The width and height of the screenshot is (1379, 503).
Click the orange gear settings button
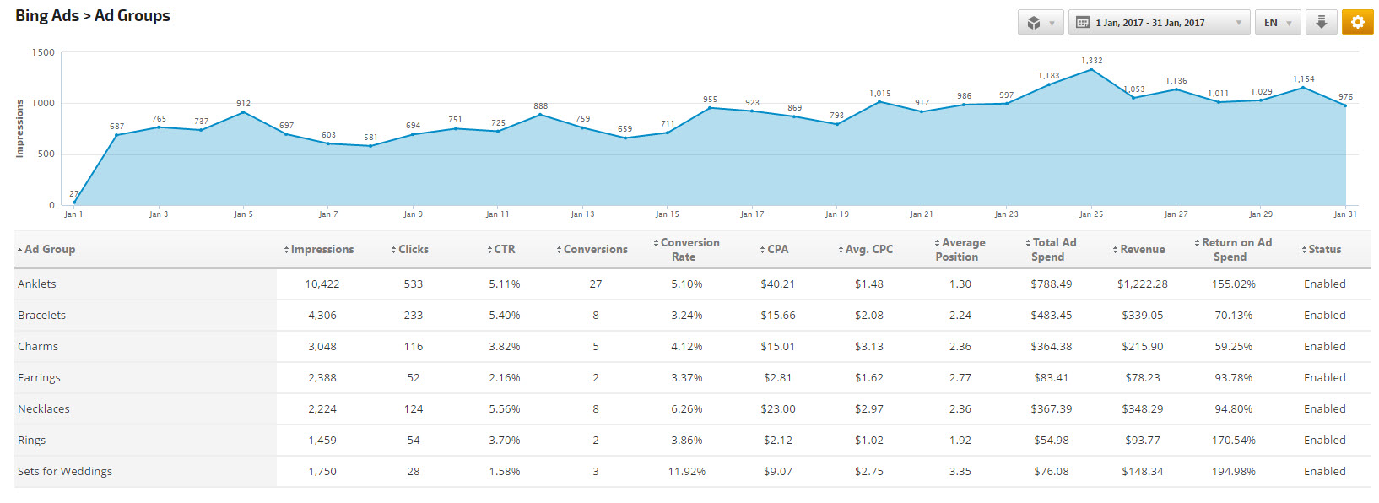coord(1357,23)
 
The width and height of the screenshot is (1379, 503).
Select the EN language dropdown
coord(1277,23)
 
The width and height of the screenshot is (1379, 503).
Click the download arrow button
coord(1321,23)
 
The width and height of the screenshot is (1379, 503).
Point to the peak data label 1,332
coord(1091,61)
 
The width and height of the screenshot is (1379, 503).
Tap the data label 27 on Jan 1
coord(74,193)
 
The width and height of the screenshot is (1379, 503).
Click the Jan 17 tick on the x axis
coord(752,214)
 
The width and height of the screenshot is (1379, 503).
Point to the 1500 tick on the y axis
coord(43,52)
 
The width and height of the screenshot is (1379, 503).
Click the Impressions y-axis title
coord(20,128)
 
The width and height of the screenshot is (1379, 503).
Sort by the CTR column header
coord(504,250)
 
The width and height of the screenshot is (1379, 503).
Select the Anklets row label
coord(37,284)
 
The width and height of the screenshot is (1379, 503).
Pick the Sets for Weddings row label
coord(65,472)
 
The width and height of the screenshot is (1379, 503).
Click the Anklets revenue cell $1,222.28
coord(1142,284)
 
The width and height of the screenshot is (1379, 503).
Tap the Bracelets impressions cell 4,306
coord(322,316)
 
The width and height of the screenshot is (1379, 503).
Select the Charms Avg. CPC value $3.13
coord(868,347)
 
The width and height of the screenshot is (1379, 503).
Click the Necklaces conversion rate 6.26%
coord(686,409)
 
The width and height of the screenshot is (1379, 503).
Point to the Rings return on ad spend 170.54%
coord(1233,441)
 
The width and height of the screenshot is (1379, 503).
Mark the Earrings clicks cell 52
coord(413,378)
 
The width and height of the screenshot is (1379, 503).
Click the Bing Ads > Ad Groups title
coord(93,16)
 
